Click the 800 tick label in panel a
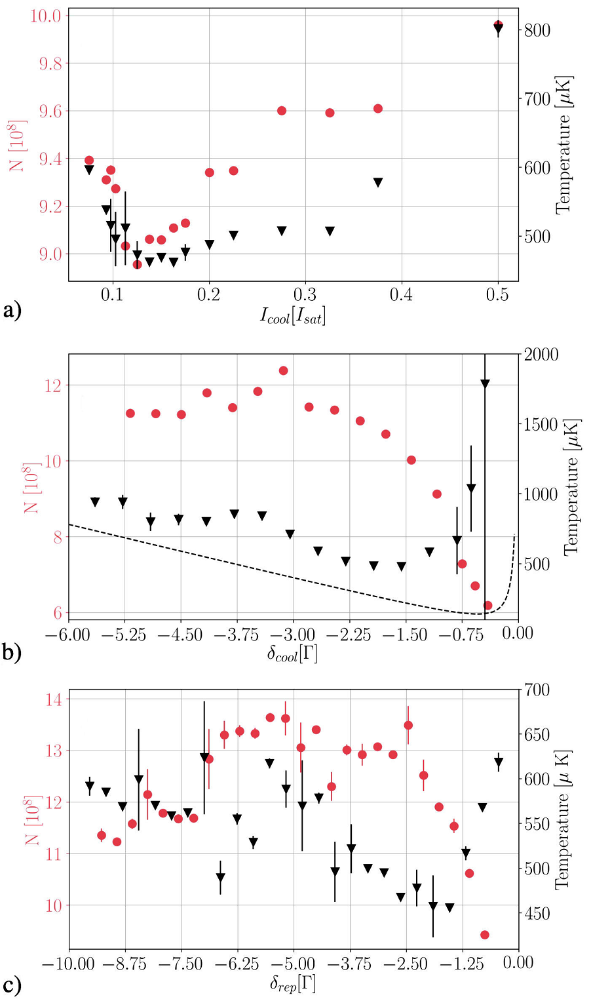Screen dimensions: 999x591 (x=537, y=30)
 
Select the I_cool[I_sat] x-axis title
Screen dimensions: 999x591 (x=293, y=316)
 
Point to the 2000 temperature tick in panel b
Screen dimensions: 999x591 (x=541, y=355)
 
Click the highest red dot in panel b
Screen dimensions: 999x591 (x=283, y=370)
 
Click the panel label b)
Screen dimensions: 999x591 (x=12, y=652)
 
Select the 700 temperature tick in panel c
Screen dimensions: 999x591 (x=537, y=690)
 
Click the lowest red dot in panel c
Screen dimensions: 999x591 (x=485, y=935)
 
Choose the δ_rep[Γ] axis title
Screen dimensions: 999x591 (x=293, y=984)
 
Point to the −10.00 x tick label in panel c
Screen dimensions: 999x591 (x=69, y=963)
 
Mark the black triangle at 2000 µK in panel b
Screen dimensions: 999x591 (x=485, y=384)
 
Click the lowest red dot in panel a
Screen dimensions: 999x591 (x=137, y=265)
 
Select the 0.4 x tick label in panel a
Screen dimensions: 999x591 (x=401, y=295)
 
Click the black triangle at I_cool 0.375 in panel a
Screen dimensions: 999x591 (x=377, y=182)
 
